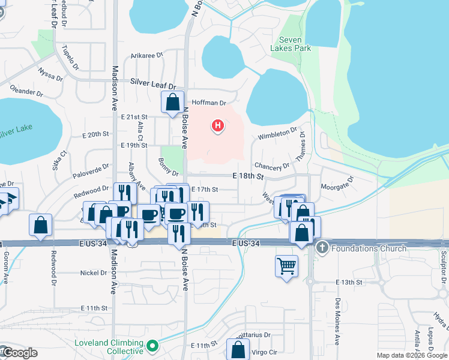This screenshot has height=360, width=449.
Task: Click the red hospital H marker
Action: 218,126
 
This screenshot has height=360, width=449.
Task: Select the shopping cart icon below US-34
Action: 287,265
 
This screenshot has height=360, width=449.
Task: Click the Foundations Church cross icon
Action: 322,248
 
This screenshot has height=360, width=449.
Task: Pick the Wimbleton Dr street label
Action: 277,133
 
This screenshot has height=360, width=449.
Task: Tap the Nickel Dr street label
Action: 93,272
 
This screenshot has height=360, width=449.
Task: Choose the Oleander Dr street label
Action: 27,93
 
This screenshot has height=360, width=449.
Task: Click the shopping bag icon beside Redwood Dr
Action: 40,226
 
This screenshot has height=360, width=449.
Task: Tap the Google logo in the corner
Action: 19,353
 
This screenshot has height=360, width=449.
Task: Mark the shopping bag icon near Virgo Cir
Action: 238,349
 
